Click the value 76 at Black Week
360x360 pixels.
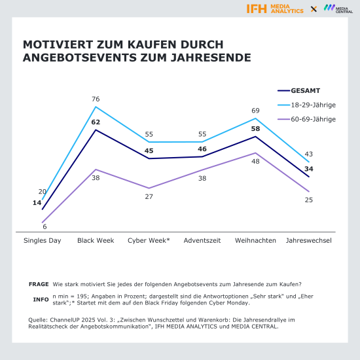click(x=96, y=99)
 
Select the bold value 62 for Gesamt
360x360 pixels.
click(x=96, y=122)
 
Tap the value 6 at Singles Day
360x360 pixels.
click(x=45, y=226)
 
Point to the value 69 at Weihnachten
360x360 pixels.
click(x=255, y=111)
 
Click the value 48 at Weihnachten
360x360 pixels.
click(x=255, y=161)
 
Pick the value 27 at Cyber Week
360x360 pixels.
click(x=149, y=196)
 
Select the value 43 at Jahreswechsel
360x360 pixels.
click(x=308, y=154)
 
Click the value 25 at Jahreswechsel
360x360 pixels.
click(x=308, y=200)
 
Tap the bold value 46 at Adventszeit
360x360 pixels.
click(x=202, y=149)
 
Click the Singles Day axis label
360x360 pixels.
click(x=43, y=240)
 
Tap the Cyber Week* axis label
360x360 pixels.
click(x=149, y=240)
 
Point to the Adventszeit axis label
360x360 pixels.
click(x=202, y=240)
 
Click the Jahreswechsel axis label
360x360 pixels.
click(x=308, y=240)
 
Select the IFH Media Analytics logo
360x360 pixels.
click(x=275, y=9)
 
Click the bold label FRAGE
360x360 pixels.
click(x=39, y=284)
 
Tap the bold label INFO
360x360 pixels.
click(x=41, y=299)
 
